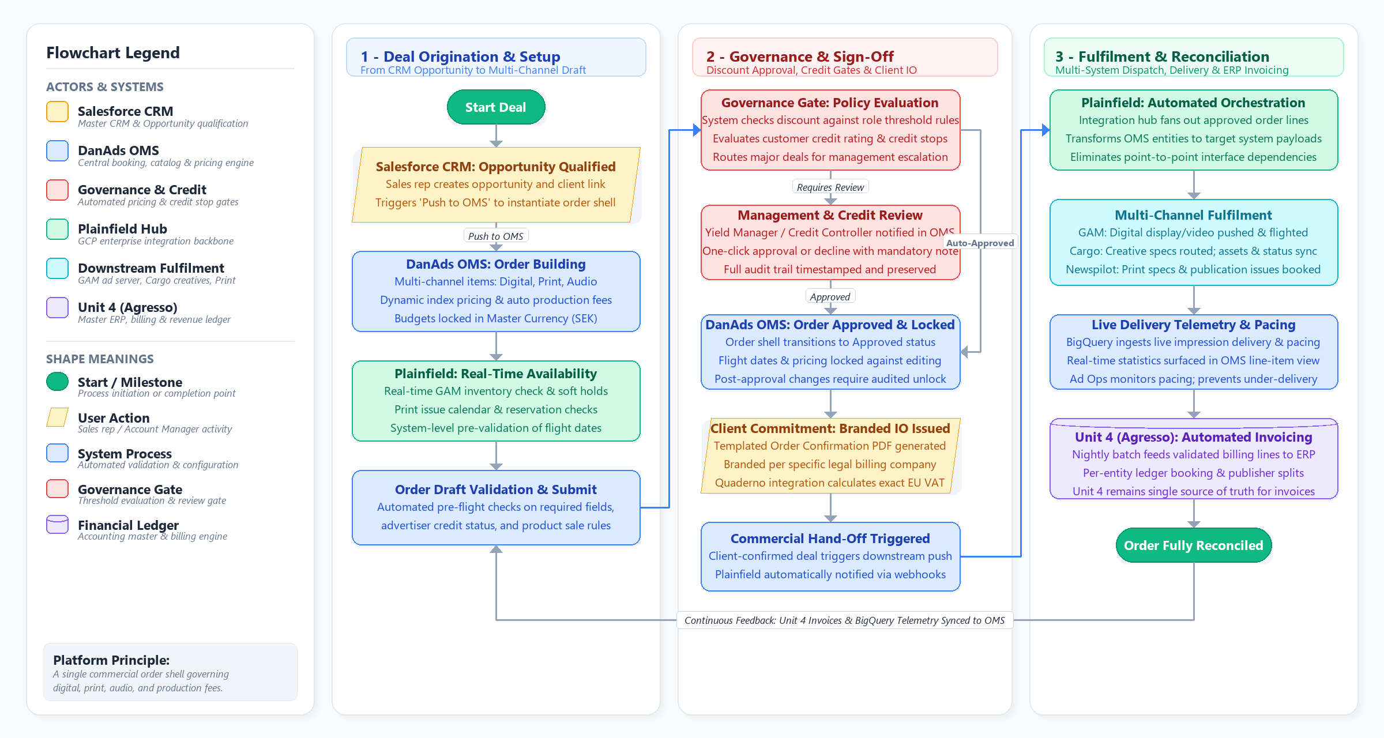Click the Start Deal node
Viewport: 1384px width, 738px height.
tap(496, 107)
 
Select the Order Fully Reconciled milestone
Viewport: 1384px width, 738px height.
tap(1194, 545)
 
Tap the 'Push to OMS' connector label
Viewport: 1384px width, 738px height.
tap(496, 236)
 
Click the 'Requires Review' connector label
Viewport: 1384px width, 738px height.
tap(830, 187)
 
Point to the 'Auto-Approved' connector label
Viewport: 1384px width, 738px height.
tap(980, 243)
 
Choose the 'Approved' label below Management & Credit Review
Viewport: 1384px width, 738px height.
tap(830, 297)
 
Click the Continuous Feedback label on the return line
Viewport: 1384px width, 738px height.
tap(845, 620)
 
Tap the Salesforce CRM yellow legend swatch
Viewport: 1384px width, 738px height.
tap(58, 112)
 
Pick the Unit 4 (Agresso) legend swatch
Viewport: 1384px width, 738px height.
tap(58, 308)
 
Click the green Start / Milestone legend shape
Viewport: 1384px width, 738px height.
tap(58, 382)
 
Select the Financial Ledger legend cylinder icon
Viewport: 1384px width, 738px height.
tap(58, 525)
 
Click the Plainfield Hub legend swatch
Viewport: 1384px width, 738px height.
tap(58, 229)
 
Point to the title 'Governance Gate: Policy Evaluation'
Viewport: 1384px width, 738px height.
tap(830, 103)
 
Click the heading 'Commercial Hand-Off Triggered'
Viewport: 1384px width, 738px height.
tap(830, 539)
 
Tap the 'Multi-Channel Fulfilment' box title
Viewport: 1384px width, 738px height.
tap(1193, 215)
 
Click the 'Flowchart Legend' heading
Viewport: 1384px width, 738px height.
tap(113, 53)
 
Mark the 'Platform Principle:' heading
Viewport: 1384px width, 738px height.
tap(111, 660)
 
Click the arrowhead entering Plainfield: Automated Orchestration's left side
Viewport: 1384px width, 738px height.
tap(1046, 130)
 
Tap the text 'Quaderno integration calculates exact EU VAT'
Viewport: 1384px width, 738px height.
tap(830, 483)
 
